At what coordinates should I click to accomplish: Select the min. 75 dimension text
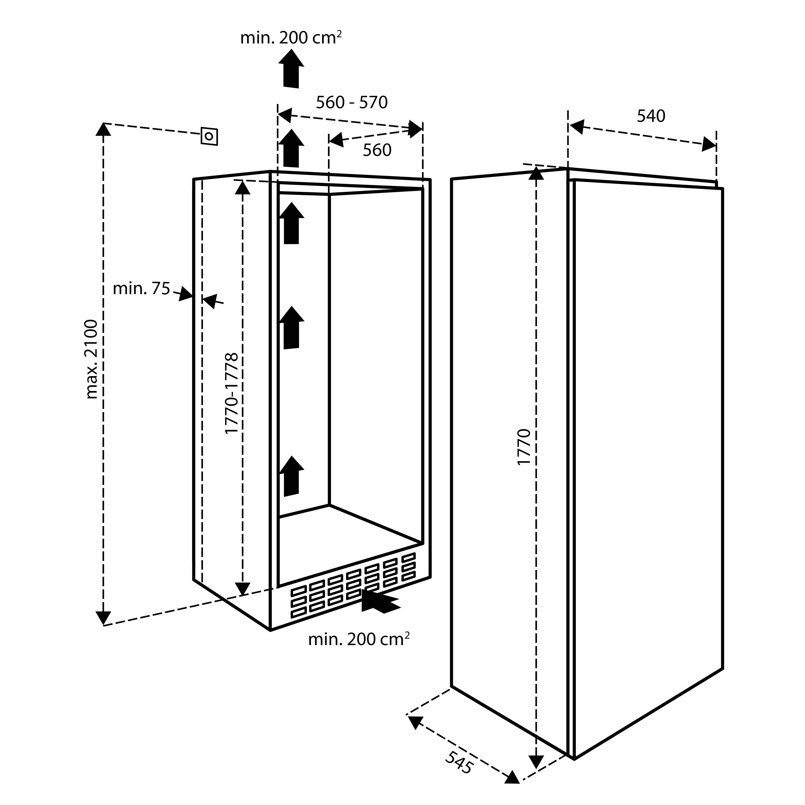tap(142, 288)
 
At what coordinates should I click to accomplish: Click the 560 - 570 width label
tap(352, 102)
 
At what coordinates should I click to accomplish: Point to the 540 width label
tap(651, 116)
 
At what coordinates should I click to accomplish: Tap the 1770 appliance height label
tap(524, 447)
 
